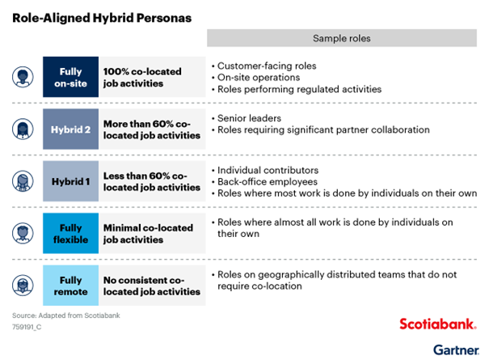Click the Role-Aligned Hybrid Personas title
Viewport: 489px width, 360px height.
[x=102, y=18]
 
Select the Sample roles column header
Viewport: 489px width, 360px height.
[x=342, y=38]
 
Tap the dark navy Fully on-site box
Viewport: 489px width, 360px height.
[x=71, y=77]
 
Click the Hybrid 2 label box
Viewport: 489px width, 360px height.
[x=71, y=129]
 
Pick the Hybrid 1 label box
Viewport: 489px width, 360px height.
[x=71, y=181]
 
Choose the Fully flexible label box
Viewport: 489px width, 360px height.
[x=71, y=233]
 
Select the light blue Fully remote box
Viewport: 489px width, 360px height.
[x=71, y=286]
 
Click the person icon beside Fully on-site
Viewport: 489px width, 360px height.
[x=23, y=77]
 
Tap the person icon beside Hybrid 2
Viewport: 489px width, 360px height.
[x=23, y=129]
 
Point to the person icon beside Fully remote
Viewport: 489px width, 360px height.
[x=23, y=286]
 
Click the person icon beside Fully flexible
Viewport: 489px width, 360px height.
[x=23, y=233]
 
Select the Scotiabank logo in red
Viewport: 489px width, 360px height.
[x=438, y=324]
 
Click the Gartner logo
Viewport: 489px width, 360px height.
[x=456, y=350]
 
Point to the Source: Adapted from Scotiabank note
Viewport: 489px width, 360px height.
[x=66, y=316]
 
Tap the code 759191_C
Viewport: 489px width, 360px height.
[x=27, y=327]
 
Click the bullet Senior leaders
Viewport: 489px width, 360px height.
[x=247, y=118]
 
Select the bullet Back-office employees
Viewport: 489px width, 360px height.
[x=264, y=182]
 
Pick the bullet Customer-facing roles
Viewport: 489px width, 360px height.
[x=263, y=66]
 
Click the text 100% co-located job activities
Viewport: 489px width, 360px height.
[x=142, y=77]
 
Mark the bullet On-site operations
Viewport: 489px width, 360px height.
[x=255, y=78]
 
